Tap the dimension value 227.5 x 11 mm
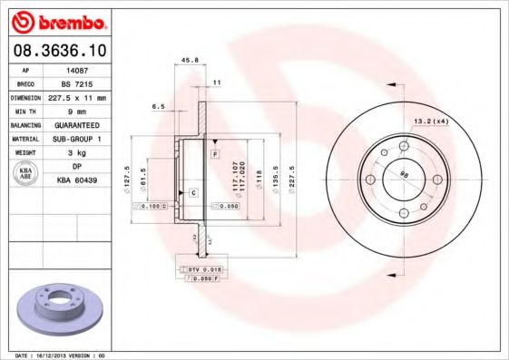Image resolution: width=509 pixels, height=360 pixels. (x=78, y=96)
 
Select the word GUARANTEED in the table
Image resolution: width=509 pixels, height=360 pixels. (x=76, y=124)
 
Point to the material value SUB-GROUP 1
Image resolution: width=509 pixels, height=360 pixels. (x=77, y=139)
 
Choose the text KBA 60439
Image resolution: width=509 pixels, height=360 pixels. (x=77, y=180)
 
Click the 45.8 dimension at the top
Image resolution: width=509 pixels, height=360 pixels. (x=191, y=61)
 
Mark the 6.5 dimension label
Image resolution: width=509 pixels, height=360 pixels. (x=158, y=106)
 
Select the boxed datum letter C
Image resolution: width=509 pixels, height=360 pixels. (x=193, y=193)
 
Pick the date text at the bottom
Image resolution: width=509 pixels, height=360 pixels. (x=54, y=355)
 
